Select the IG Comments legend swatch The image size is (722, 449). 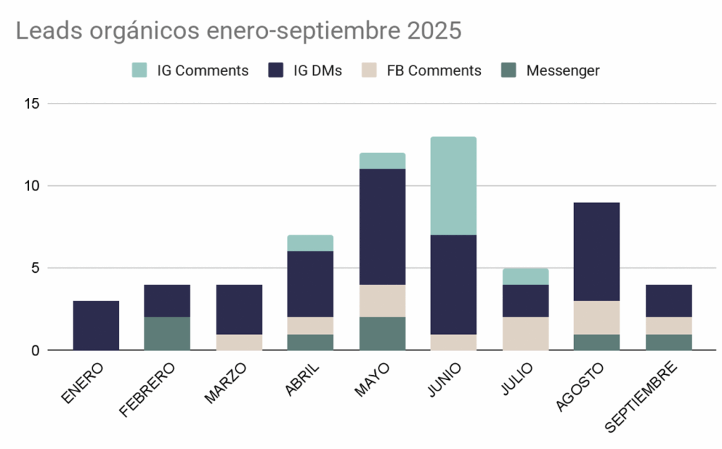140,70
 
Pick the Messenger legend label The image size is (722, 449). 563,70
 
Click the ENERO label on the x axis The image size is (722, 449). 83,383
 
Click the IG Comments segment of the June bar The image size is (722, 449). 454,185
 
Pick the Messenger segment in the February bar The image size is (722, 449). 167,333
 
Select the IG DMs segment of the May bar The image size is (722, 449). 382,226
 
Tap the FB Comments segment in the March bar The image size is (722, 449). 239,342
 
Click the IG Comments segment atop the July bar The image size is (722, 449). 526,276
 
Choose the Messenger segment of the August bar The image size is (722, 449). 597,342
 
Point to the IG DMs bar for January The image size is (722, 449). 96,325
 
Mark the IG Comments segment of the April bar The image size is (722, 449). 310,243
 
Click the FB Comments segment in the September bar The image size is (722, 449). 668,325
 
